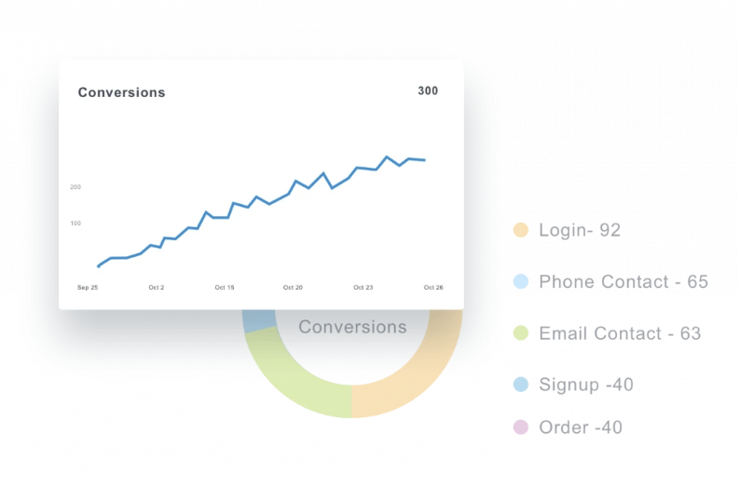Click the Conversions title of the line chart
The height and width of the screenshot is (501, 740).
(122, 92)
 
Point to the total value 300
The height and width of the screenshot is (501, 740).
(428, 90)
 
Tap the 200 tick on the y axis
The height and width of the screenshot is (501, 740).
(75, 187)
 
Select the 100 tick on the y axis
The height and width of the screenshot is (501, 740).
(75, 223)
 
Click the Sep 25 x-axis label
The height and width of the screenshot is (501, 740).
(88, 288)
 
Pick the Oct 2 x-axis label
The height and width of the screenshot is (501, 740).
(157, 288)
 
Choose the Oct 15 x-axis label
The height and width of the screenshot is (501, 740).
(225, 288)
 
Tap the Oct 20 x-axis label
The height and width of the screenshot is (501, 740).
(293, 288)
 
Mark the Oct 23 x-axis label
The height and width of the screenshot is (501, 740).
(363, 288)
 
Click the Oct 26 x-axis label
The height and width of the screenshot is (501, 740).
(433, 288)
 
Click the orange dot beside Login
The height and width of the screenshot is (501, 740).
(521, 230)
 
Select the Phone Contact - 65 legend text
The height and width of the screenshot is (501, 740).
(624, 281)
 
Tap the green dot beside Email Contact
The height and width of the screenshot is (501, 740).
(521, 332)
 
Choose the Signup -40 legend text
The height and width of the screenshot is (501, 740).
(586, 385)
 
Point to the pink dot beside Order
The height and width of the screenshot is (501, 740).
(521, 427)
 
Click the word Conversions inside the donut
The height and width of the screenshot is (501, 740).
(352, 327)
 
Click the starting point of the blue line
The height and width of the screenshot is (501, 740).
(98, 266)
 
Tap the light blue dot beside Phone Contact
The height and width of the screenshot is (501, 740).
(521, 281)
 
